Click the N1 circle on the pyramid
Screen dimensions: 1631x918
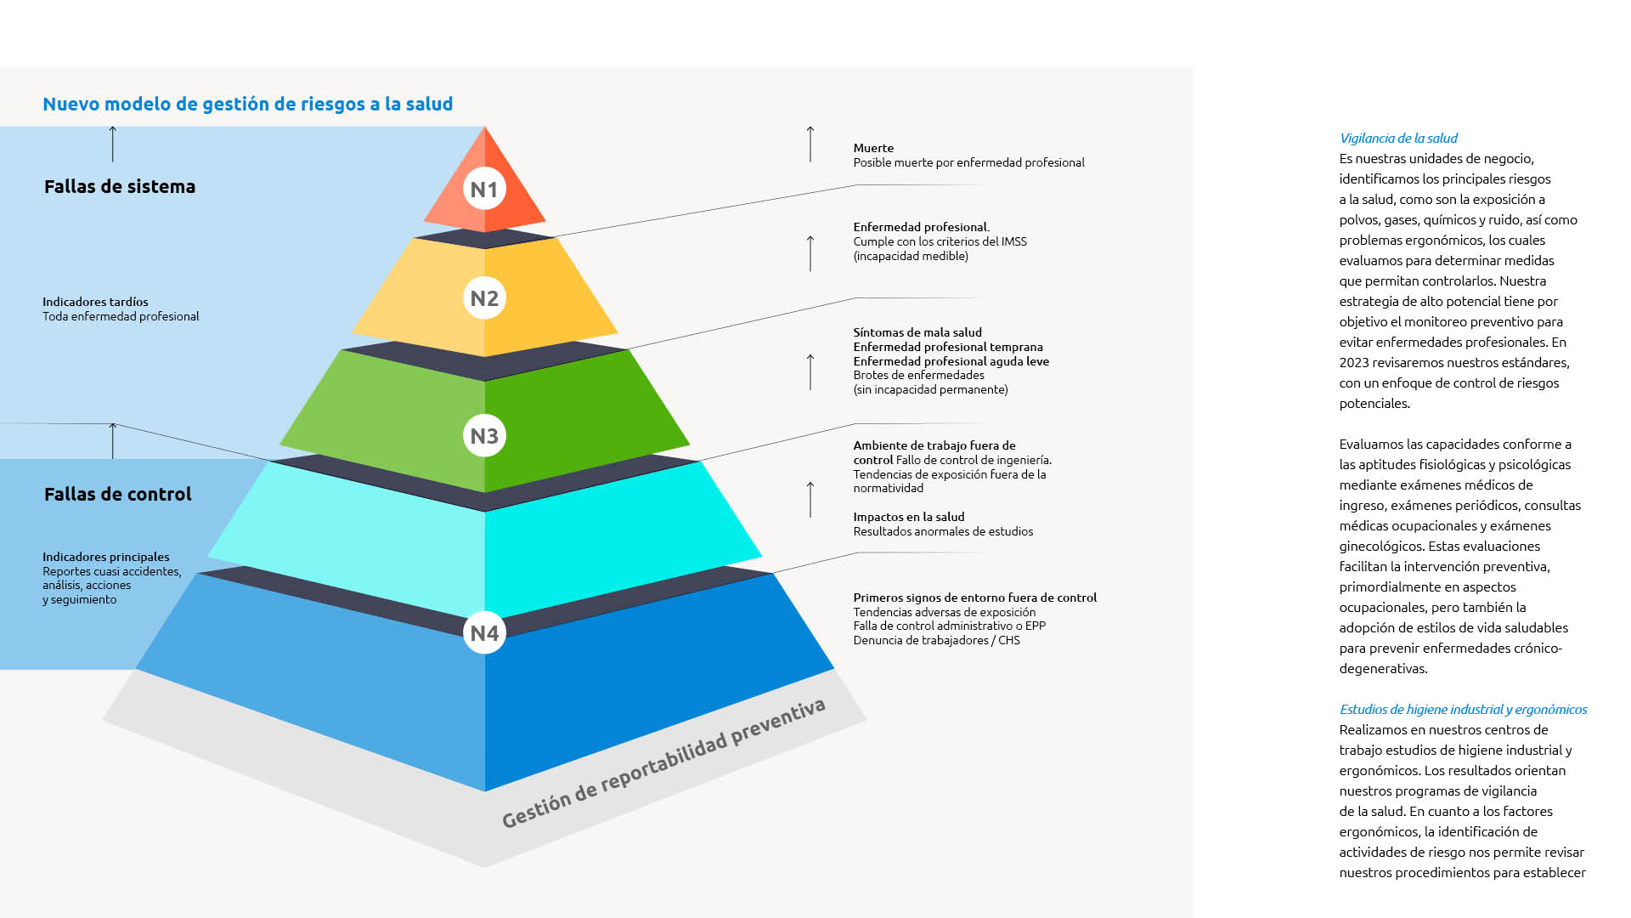coord(484,189)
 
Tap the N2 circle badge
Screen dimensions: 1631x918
coord(484,297)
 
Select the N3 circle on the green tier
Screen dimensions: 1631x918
coord(484,435)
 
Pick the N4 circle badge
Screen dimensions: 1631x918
coord(484,632)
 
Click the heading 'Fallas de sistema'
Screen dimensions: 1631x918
coord(120,186)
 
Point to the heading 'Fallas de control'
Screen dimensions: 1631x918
coord(118,494)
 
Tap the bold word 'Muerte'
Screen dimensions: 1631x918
coord(873,148)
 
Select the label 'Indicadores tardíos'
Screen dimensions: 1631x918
coord(95,302)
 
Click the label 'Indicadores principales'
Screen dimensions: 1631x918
coord(106,557)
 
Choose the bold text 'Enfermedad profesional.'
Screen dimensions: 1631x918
coord(922,227)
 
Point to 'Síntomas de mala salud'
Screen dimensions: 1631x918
coord(917,332)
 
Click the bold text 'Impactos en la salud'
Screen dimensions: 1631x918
coord(909,517)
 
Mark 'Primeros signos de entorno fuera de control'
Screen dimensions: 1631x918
coord(975,598)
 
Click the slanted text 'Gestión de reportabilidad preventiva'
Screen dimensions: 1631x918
coord(663,763)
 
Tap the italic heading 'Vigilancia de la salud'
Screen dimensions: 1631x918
coord(1398,138)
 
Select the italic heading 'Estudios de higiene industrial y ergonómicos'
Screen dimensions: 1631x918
coord(1464,709)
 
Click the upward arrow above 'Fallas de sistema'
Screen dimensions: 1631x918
coord(112,144)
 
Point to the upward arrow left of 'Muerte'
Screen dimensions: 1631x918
coord(810,144)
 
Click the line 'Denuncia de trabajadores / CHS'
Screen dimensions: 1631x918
coord(936,640)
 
